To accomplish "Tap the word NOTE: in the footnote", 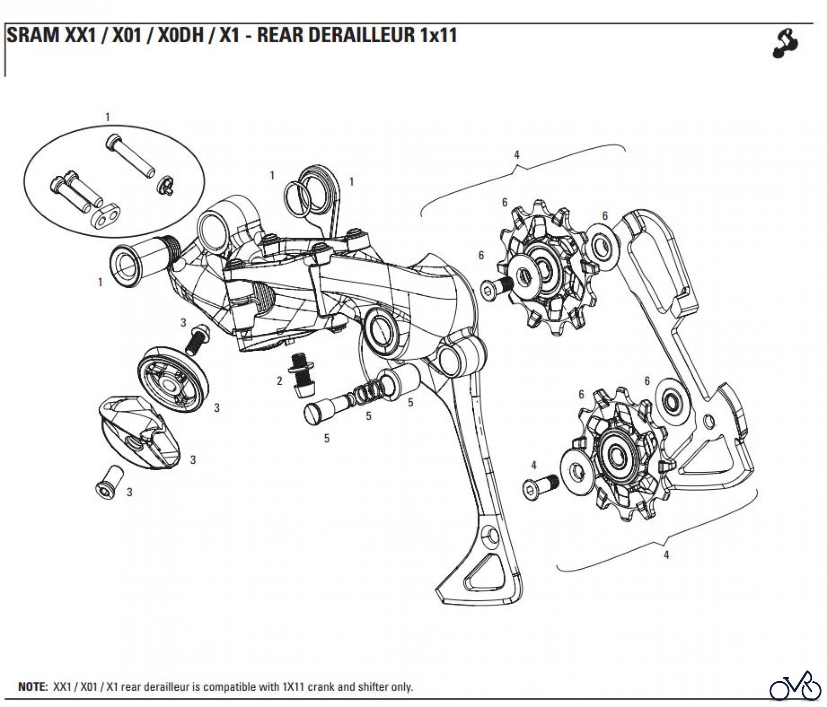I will (33, 687).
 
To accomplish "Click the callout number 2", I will (279, 381).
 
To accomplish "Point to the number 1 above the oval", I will (108, 118).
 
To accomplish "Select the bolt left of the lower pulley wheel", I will (540, 485).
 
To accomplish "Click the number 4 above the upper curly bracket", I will (516, 155).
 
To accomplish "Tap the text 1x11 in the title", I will (438, 35).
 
